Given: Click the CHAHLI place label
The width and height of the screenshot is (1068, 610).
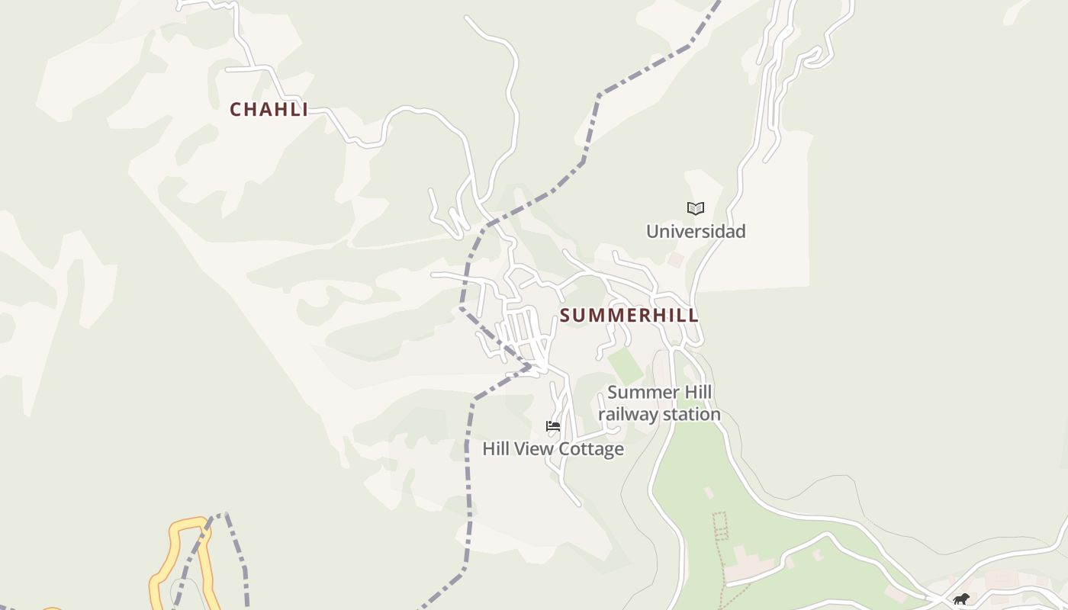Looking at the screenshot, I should [x=269, y=110].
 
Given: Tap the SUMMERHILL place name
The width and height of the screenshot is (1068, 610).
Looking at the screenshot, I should [x=629, y=316].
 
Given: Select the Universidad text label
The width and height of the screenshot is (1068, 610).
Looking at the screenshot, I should [x=696, y=231].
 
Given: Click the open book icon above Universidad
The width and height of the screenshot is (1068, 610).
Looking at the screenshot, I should [x=696, y=208].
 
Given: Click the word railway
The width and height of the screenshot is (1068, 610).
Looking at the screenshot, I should [x=626, y=415].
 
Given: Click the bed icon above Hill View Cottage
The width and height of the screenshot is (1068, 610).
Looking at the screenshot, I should [x=553, y=426].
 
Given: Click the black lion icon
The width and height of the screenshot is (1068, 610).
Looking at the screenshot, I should [x=961, y=599].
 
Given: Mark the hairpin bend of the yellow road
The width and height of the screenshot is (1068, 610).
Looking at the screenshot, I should [x=191, y=524].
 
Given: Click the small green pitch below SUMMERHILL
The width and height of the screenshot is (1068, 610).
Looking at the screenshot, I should [x=626, y=367].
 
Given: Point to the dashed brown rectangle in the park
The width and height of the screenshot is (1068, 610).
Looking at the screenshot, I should [x=719, y=526].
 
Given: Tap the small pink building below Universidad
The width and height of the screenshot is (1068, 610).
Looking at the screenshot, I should [x=675, y=260].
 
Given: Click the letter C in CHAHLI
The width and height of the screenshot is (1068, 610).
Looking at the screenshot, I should [x=236, y=110].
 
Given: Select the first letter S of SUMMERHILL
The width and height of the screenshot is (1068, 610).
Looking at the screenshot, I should [x=566, y=316].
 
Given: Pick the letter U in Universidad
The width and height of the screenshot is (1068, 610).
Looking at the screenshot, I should [x=653, y=231].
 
